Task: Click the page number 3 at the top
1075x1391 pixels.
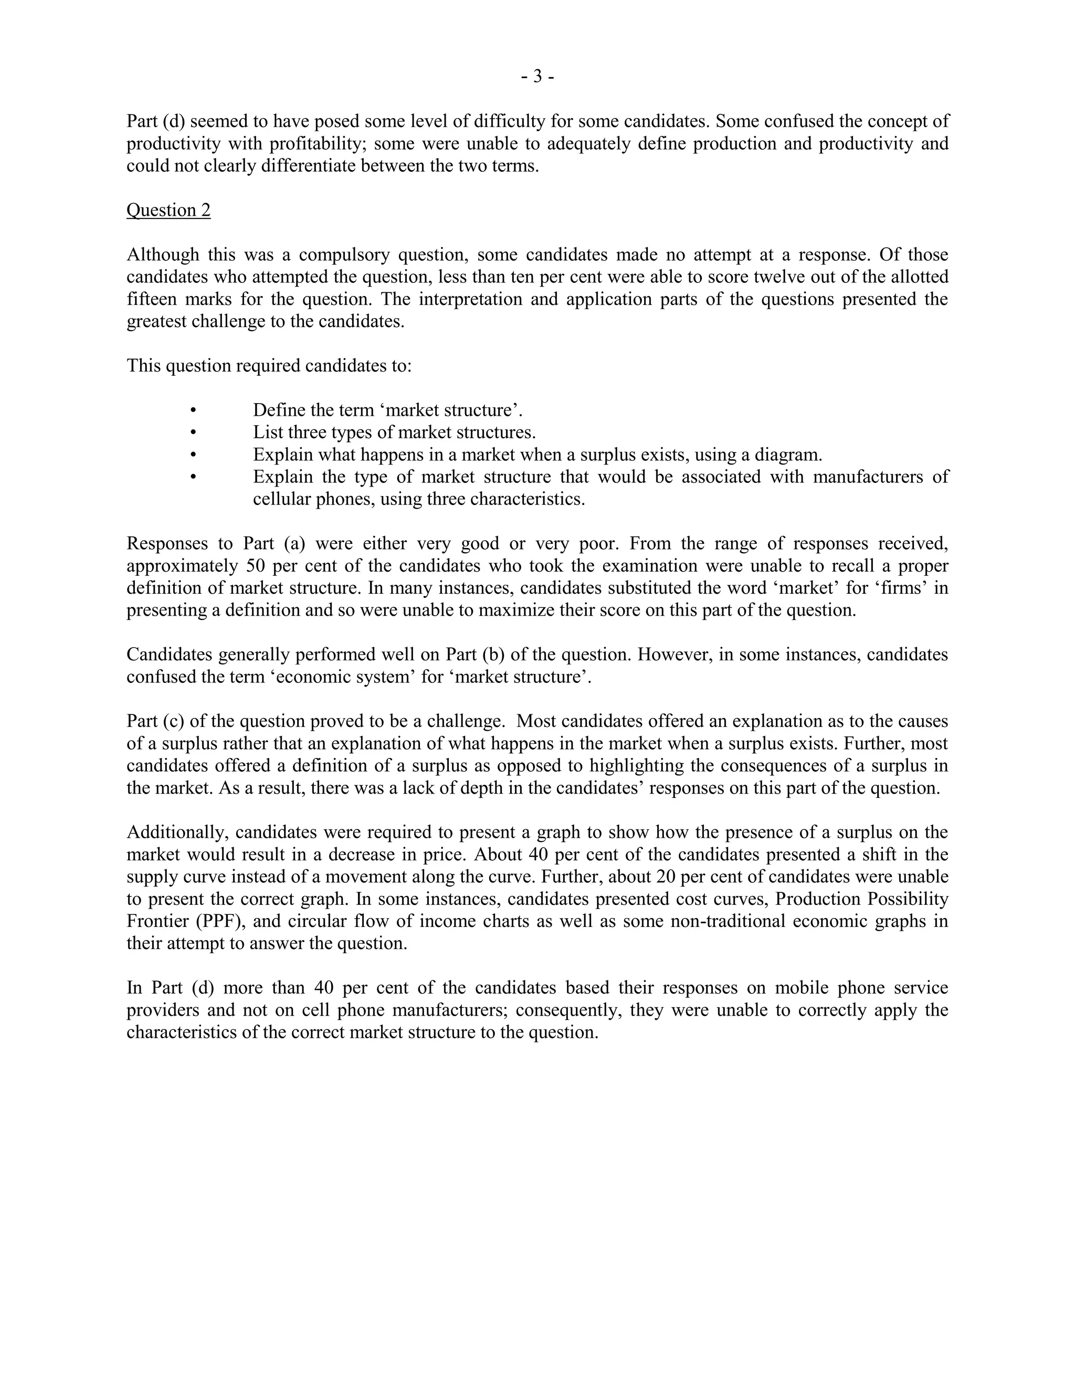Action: click(x=537, y=77)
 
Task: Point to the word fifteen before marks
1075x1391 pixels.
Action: click(x=151, y=299)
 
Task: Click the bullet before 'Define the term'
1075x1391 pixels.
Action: click(x=194, y=410)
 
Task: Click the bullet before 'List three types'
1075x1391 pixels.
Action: click(x=194, y=433)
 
